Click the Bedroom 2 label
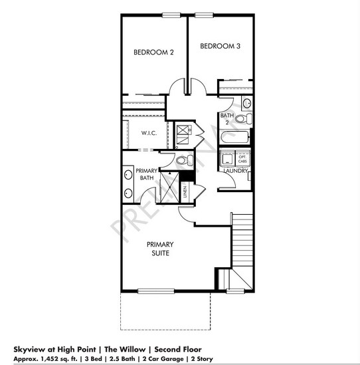click(153, 52)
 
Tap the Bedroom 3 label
click(219, 46)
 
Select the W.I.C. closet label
click(148, 132)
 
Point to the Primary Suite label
click(160, 249)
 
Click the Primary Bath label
click(146, 174)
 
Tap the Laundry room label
click(236, 171)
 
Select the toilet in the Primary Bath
click(185, 159)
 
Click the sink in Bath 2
click(246, 103)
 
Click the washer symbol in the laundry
click(227, 158)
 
